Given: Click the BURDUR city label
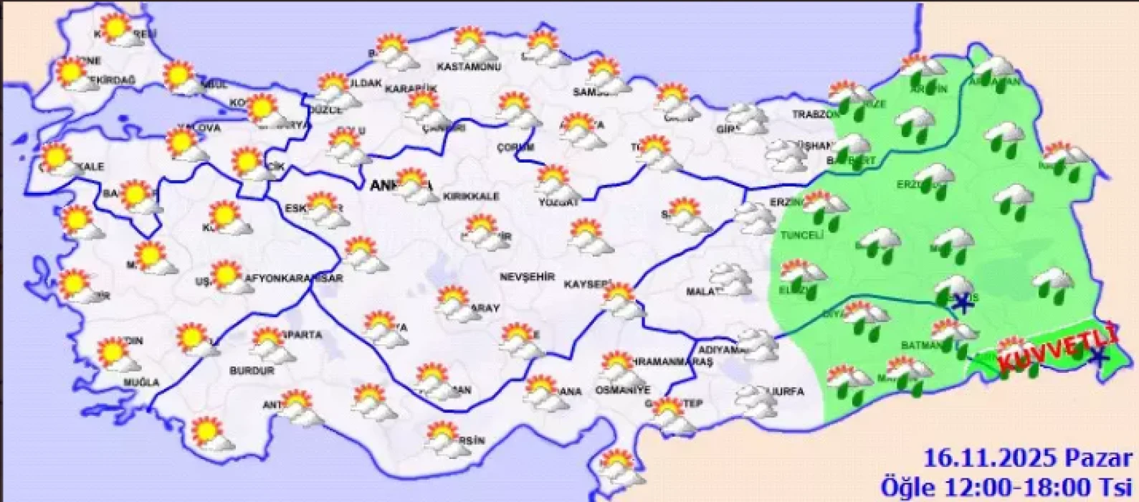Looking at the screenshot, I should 252,371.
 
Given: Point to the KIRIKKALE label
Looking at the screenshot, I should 471,196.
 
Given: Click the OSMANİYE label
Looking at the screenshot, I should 623,390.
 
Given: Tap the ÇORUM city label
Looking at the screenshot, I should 515,147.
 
